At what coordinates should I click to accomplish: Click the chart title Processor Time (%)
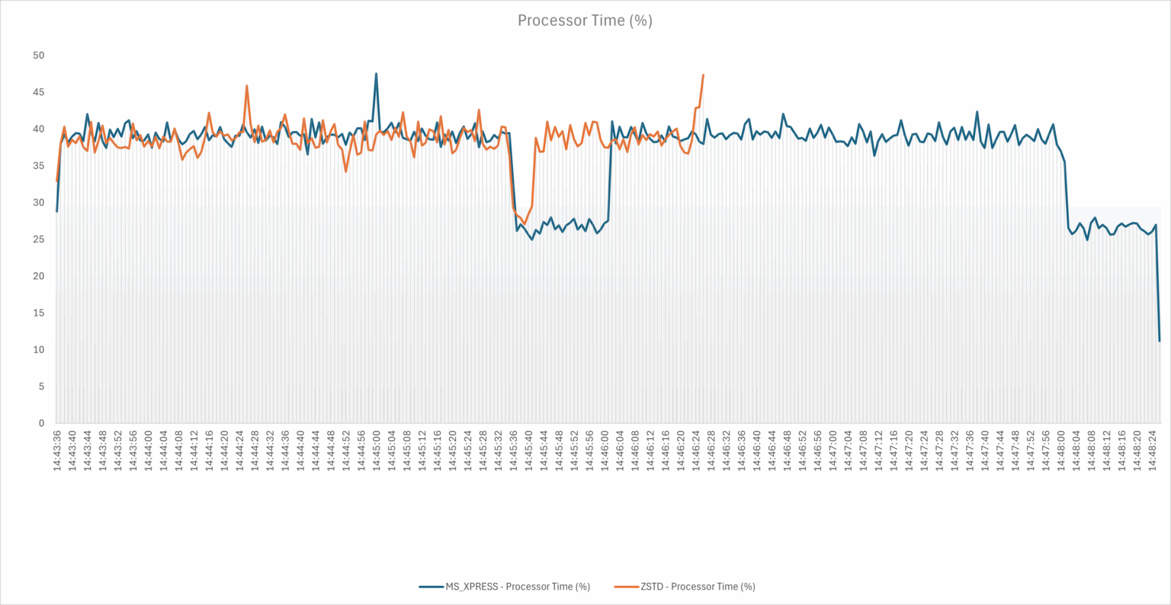coord(585,21)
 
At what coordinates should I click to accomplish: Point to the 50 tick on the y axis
coord(39,56)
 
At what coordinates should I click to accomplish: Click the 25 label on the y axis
coord(39,239)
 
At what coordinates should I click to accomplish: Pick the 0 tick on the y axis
coord(42,424)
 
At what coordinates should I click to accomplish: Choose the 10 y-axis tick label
coord(39,350)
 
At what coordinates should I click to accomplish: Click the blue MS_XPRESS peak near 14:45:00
coord(376,74)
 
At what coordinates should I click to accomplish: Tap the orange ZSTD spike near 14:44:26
coord(247,85)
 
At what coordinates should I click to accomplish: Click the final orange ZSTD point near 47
coord(703,75)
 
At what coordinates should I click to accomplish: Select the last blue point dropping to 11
coord(1160,341)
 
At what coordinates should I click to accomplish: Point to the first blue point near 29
coord(57,211)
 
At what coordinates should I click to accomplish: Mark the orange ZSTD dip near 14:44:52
coord(345,171)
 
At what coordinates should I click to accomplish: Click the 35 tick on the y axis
coord(39,166)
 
